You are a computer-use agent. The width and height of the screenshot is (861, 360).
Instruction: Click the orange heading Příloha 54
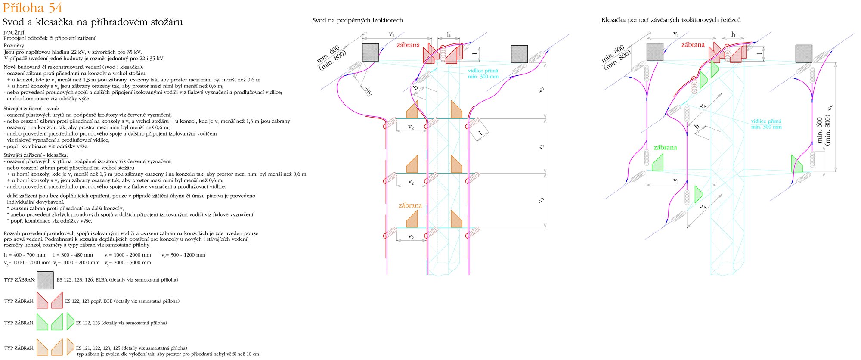point(32,8)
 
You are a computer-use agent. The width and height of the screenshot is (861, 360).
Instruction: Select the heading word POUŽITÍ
point(14,33)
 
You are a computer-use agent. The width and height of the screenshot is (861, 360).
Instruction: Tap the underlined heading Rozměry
point(14,46)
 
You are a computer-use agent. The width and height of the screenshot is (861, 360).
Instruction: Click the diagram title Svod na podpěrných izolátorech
point(357,20)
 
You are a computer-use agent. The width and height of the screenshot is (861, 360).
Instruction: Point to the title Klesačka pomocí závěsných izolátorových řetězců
point(671,20)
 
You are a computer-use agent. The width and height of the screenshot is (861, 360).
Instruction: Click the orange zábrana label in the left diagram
point(410,205)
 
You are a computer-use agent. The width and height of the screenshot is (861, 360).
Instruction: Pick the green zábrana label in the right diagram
point(665,148)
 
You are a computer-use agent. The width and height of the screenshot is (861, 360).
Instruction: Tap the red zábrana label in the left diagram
point(408,45)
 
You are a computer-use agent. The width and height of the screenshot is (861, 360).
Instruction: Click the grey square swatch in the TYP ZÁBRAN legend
point(45,280)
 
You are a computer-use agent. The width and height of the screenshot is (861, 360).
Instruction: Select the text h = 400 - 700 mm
point(25,255)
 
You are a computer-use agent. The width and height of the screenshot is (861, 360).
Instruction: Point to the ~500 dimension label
point(368,91)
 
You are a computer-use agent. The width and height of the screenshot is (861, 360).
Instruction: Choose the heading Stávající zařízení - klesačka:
point(36,155)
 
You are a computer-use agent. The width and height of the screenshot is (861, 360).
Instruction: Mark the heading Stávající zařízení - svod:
point(31,109)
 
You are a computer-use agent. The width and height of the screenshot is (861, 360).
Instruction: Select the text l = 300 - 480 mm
point(73,255)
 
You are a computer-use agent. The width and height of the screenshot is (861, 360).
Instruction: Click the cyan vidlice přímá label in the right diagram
point(766,124)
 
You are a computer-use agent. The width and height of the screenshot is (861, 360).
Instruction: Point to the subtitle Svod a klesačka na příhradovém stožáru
point(93,22)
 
